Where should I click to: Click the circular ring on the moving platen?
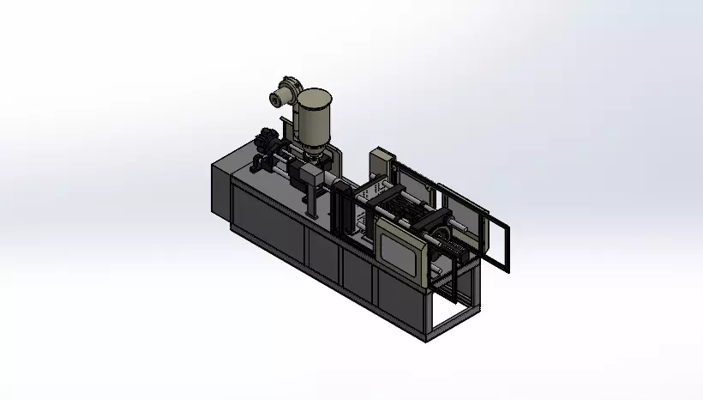(444, 234)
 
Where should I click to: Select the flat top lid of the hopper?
(315, 92)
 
